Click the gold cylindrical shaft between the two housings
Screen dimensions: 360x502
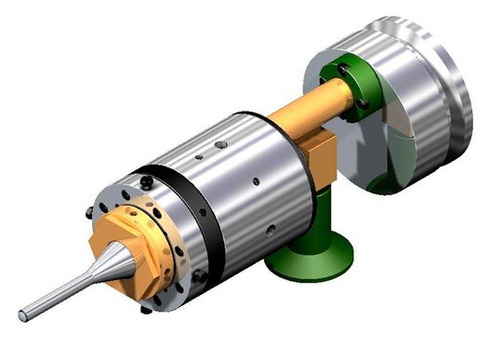(302, 107)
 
